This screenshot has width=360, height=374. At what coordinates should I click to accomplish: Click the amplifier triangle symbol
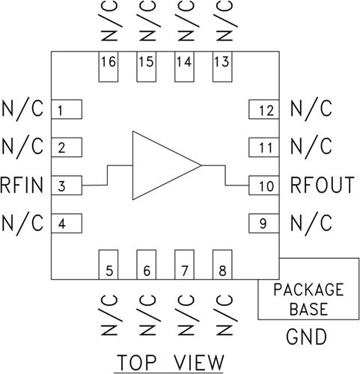point(161,165)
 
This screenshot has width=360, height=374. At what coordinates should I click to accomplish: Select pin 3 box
point(66,185)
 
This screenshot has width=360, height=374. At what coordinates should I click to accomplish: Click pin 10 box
point(263,185)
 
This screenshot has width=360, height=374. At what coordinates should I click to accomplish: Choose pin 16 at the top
point(109,67)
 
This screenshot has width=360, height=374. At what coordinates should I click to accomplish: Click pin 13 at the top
point(222,67)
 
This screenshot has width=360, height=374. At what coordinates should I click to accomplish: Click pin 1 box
point(66,111)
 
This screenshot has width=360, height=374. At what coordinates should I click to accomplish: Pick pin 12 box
point(263,111)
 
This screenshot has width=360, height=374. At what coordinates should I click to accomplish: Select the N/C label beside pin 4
point(23,222)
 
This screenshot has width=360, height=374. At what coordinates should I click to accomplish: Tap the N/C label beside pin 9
point(310,222)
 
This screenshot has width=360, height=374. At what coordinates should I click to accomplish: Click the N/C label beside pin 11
point(310,147)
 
